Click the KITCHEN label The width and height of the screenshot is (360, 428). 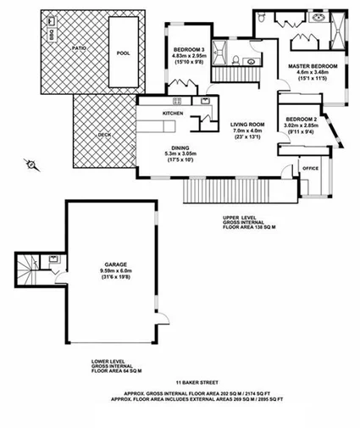173,114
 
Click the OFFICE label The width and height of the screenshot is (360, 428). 309,169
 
